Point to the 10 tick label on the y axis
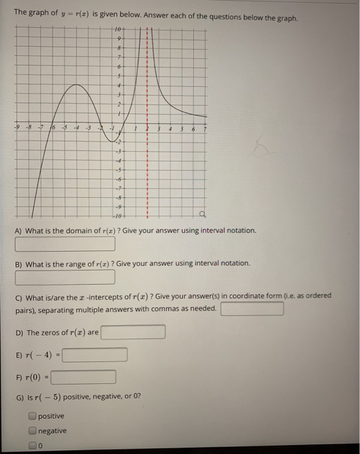point(117,30)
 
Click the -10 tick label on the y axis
point(117,215)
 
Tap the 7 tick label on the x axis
point(204,128)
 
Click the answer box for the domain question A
point(65,245)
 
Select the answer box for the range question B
point(65,277)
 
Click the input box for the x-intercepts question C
point(252,309)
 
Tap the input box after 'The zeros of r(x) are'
point(132,333)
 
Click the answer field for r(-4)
point(95,355)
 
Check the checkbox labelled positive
point(32,416)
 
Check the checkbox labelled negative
point(32,431)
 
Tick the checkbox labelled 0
point(32,445)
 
